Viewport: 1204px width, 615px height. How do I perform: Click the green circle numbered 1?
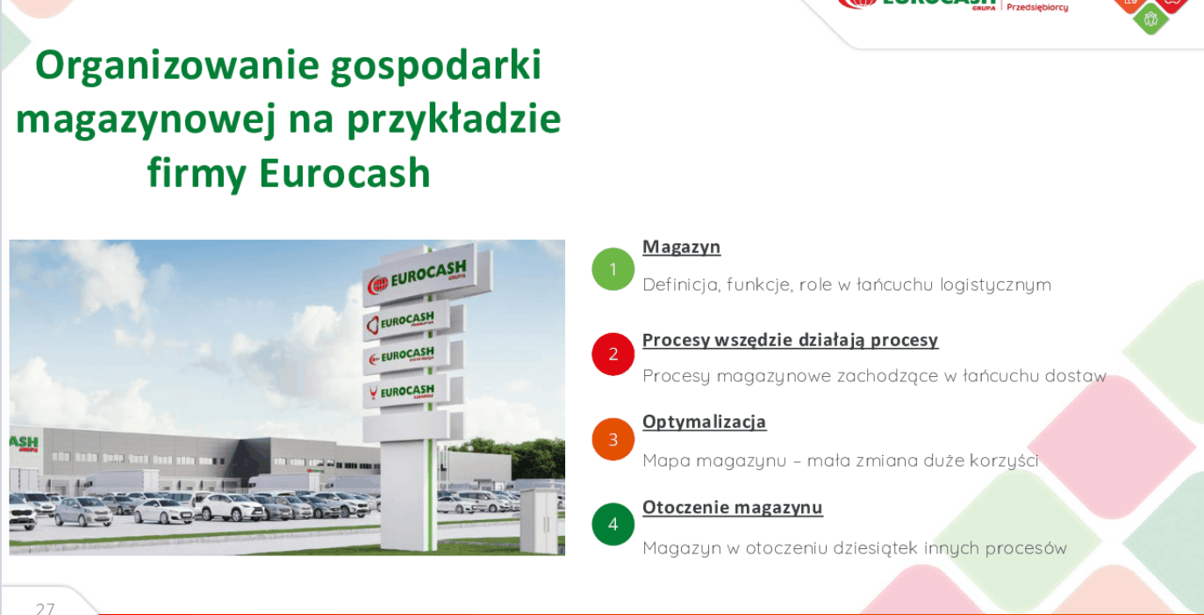tap(613, 269)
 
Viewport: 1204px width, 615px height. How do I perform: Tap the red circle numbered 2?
tap(613, 354)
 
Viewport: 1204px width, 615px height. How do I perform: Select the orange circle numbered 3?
tap(613, 439)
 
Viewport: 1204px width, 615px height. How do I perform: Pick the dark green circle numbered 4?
tap(613, 525)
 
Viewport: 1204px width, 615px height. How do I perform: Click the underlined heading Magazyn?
tap(682, 247)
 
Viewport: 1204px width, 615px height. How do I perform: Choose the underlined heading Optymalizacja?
tap(704, 422)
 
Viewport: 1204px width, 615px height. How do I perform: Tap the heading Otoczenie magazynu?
tap(733, 508)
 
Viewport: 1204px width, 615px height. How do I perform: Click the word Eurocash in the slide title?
tap(345, 173)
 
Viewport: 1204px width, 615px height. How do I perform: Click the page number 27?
tap(45, 609)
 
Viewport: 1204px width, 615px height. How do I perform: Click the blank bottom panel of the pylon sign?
tap(405, 429)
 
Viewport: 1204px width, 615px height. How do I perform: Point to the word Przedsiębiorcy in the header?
tap(1037, 8)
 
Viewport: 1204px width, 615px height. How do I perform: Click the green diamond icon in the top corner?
tap(1150, 19)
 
